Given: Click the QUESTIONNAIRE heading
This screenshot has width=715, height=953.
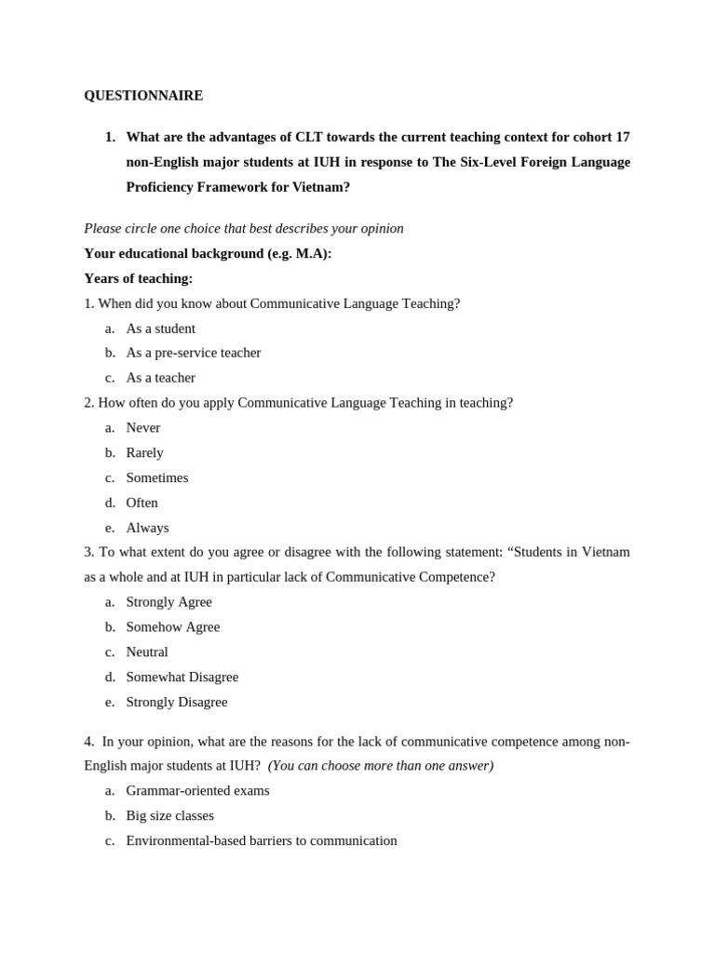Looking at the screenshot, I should tap(143, 96).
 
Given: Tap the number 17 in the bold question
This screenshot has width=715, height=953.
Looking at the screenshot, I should tap(622, 137).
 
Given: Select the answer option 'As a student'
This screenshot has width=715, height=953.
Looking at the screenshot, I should tap(160, 329).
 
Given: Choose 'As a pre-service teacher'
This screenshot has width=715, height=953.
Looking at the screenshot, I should tap(193, 353).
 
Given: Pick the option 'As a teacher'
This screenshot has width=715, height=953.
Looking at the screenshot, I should tap(160, 378).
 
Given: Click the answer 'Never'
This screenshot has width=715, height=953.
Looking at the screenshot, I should tap(142, 428).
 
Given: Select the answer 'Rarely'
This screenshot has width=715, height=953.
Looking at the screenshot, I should tap(144, 453).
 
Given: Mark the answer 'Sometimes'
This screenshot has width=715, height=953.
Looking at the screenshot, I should tap(156, 477).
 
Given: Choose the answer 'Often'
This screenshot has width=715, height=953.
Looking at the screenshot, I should tap(142, 503).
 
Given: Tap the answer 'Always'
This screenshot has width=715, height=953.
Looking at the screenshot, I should tap(147, 528).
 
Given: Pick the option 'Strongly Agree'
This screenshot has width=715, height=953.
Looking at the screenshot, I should tap(169, 602).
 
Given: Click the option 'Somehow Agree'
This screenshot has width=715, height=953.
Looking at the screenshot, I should tap(172, 627).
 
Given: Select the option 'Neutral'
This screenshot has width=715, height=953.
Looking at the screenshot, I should tap(147, 652).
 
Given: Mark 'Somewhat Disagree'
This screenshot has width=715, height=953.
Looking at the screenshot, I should tap(182, 678).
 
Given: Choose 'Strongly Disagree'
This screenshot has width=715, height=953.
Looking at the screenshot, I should tap(176, 703).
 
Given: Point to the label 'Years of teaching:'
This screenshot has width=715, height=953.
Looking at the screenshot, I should tap(138, 278).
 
